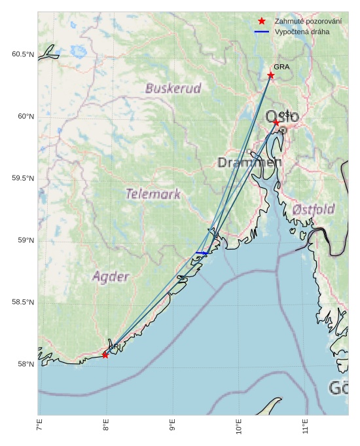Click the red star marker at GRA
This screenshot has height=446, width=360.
point(271,75)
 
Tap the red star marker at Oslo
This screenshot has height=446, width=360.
point(276,122)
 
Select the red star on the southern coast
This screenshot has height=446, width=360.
point(105,355)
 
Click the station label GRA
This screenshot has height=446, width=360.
point(281,67)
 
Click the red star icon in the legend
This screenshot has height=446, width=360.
point(262,22)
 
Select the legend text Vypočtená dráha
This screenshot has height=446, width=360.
point(302,31)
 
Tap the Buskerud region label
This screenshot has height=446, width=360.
point(173,88)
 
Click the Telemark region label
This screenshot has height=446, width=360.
point(153,194)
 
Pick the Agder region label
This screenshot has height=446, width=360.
point(111,276)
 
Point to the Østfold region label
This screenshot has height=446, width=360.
point(314,210)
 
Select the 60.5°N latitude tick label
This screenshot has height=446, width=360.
point(22,54)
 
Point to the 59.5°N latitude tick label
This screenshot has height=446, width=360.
point(22,179)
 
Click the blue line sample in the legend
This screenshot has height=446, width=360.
point(262,31)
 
